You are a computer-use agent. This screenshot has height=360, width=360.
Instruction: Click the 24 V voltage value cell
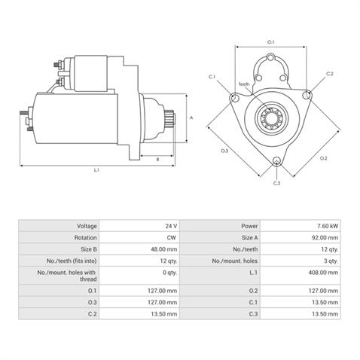click(171, 226)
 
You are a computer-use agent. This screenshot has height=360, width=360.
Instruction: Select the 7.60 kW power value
click(328, 226)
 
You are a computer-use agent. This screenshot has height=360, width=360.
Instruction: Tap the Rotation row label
click(85, 237)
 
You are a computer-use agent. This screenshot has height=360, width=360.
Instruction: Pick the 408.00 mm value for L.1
click(323, 273)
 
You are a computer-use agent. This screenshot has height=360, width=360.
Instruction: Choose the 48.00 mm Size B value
click(164, 249)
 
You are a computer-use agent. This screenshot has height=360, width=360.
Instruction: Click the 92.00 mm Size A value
click(325, 237)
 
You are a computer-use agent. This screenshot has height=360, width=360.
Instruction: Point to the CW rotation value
click(172, 237)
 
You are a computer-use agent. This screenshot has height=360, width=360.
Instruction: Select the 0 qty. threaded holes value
click(169, 273)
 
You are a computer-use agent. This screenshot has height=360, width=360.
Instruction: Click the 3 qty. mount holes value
click(331, 261)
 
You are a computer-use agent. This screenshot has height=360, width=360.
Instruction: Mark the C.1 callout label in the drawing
click(212, 77)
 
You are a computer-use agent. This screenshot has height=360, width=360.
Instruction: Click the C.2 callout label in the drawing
click(330, 74)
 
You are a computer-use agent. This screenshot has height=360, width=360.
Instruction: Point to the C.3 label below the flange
click(276, 183)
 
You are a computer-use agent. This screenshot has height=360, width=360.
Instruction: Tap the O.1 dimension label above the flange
click(270, 42)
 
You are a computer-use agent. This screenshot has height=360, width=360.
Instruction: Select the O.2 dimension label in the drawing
click(324, 158)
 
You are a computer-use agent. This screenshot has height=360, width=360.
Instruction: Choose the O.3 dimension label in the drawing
click(224, 151)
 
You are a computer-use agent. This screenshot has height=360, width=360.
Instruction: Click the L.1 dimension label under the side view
click(96, 170)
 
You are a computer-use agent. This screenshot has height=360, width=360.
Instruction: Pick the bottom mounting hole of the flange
click(276, 160)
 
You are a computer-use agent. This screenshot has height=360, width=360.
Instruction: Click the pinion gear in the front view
click(272, 117)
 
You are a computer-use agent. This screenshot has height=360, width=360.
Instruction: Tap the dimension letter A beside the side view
click(191, 117)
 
